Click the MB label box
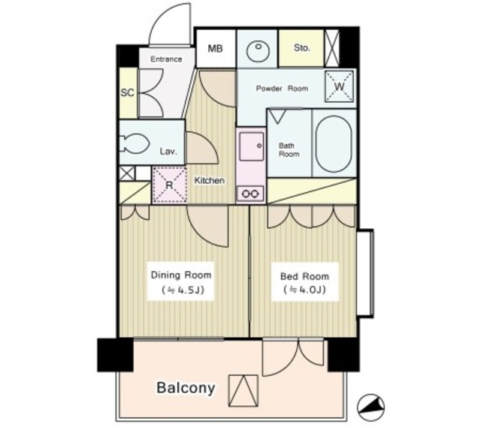pyautogui.click(x=216, y=48)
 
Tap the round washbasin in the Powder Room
pyautogui.click(x=259, y=50)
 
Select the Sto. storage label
pyautogui.click(x=302, y=48)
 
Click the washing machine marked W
pyautogui.click(x=339, y=87)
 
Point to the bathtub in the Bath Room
pyautogui.click(x=334, y=143)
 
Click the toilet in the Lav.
pyautogui.click(x=135, y=143)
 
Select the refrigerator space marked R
pyautogui.click(x=169, y=185)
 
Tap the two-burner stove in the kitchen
pyautogui.click(x=250, y=194)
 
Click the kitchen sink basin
pyautogui.click(x=252, y=147)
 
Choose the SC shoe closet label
pyautogui.click(x=127, y=92)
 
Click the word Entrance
pyautogui.click(x=166, y=59)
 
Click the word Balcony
pyautogui.click(x=186, y=387)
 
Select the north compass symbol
pyautogui.click(x=371, y=407)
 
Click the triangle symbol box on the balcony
pyautogui.click(x=244, y=391)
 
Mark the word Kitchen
pyautogui.click(x=210, y=180)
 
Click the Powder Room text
pyautogui.click(x=282, y=89)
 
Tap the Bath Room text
pyautogui.click(x=289, y=150)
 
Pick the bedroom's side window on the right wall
pyautogui.click(x=365, y=272)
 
